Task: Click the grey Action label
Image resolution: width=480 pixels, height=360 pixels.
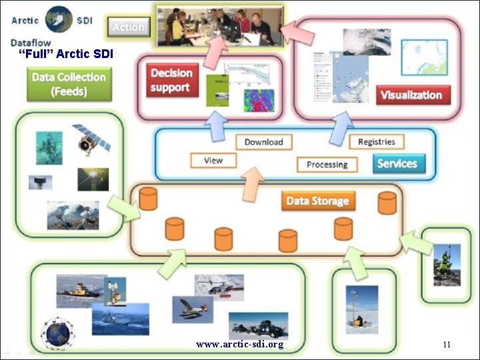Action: coord(129,27)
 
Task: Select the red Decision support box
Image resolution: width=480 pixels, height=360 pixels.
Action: coord(171,80)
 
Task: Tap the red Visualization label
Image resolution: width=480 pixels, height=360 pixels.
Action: coord(411,95)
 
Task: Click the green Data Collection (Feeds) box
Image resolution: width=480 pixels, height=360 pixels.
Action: coord(69,83)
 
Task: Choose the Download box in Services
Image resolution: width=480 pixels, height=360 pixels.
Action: coord(263,141)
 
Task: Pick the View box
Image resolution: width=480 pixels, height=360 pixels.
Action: coord(213,160)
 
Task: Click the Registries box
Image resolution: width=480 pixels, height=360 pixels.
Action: coord(376,141)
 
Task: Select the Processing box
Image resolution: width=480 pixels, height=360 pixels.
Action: coord(327,164)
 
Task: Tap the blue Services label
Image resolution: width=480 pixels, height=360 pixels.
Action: coord(397,163)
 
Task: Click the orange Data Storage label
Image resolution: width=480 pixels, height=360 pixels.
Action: coord(317,201)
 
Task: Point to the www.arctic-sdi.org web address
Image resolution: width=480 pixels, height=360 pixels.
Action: coord(240,344)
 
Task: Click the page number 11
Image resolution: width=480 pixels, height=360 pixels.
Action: coord(447,344)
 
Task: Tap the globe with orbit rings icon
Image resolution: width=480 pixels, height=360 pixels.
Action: coord(58,331)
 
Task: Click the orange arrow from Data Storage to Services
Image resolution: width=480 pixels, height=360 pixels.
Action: coord(251,183)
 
